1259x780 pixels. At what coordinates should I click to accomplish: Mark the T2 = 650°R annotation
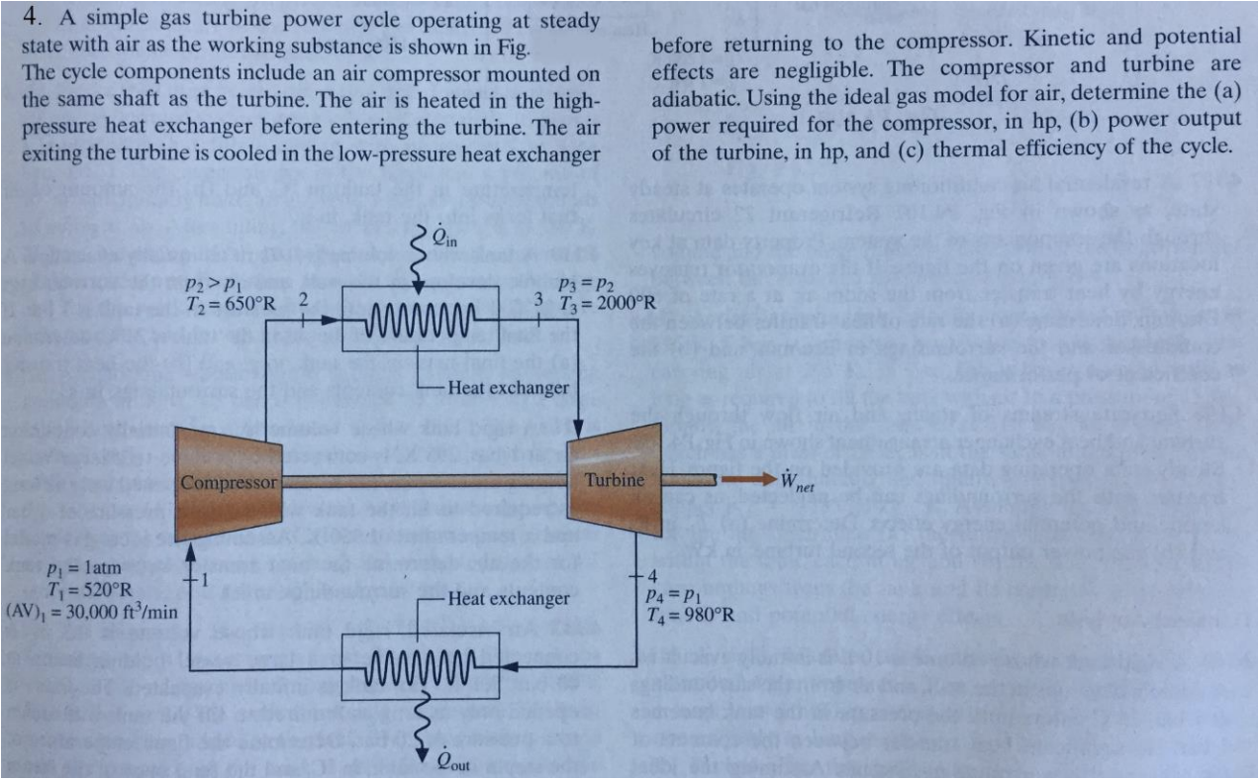[233, 301]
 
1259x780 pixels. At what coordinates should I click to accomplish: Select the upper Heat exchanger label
[508, 387]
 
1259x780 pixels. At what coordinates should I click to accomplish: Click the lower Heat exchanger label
[508, 598]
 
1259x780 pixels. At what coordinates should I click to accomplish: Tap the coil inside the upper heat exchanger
[422, 321]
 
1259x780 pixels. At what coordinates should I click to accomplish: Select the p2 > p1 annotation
[208, 281]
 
